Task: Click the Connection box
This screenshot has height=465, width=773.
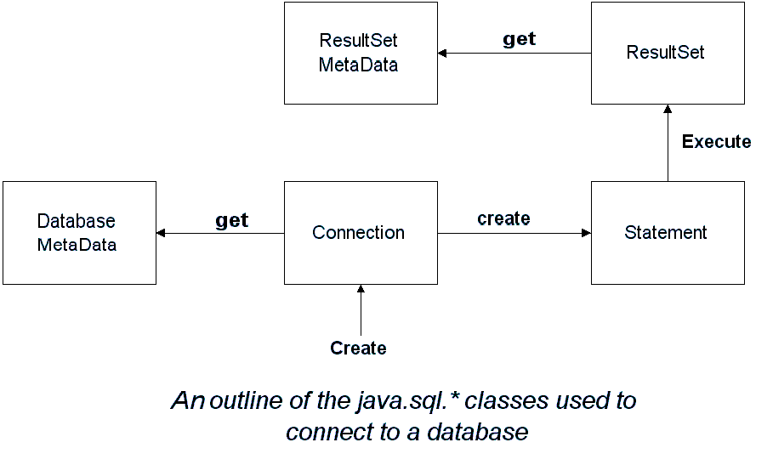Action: (361, 233)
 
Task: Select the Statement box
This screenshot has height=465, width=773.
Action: (668, 233)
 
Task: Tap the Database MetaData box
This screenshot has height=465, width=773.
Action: (79, 233)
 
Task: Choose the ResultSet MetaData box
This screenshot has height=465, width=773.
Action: (361, 54)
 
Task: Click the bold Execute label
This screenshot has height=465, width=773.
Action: (716, 142)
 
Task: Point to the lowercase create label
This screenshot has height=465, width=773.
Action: (503, 218)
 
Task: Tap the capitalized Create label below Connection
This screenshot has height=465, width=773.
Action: (358, 349)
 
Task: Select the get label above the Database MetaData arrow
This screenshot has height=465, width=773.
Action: (231, 220)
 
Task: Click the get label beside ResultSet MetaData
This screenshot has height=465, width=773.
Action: (519, 39)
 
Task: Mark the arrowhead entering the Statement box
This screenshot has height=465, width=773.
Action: (586, 233)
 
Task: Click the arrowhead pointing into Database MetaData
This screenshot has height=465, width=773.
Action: (161, 233)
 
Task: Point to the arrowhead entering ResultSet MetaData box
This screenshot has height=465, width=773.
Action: (442, 54)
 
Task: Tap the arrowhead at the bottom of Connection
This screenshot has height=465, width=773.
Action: (361, 289)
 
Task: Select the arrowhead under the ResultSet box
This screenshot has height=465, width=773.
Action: (668, 109)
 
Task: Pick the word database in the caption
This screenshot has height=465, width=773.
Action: (478, 432)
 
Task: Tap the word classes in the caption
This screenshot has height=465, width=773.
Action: (506, 400)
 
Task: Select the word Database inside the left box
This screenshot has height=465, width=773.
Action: (76, 221)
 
